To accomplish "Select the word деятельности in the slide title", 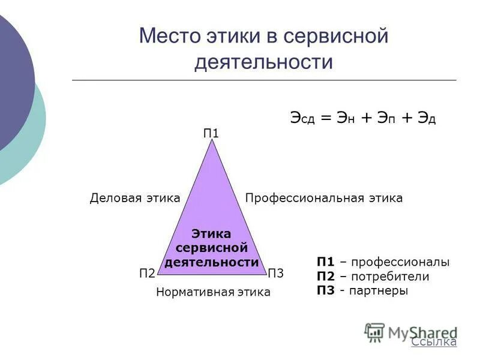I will click(263, 62).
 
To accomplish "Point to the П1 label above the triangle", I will click(211, 133).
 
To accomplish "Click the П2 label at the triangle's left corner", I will click(147, 274).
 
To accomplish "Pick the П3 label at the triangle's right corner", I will click(275, 274).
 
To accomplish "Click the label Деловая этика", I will click(135, 198).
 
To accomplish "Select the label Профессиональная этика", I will click(324, 198).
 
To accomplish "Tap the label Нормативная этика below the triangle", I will click(213, 292).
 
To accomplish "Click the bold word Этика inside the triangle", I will click(211, 234).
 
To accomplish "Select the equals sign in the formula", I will click(326, 118).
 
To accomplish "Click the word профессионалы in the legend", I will click(400, 263).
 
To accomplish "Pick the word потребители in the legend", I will click(391, 277).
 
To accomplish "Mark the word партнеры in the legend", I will click(383, 290).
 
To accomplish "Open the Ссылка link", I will click(434, 342).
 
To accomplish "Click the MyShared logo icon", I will click(374, 332).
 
